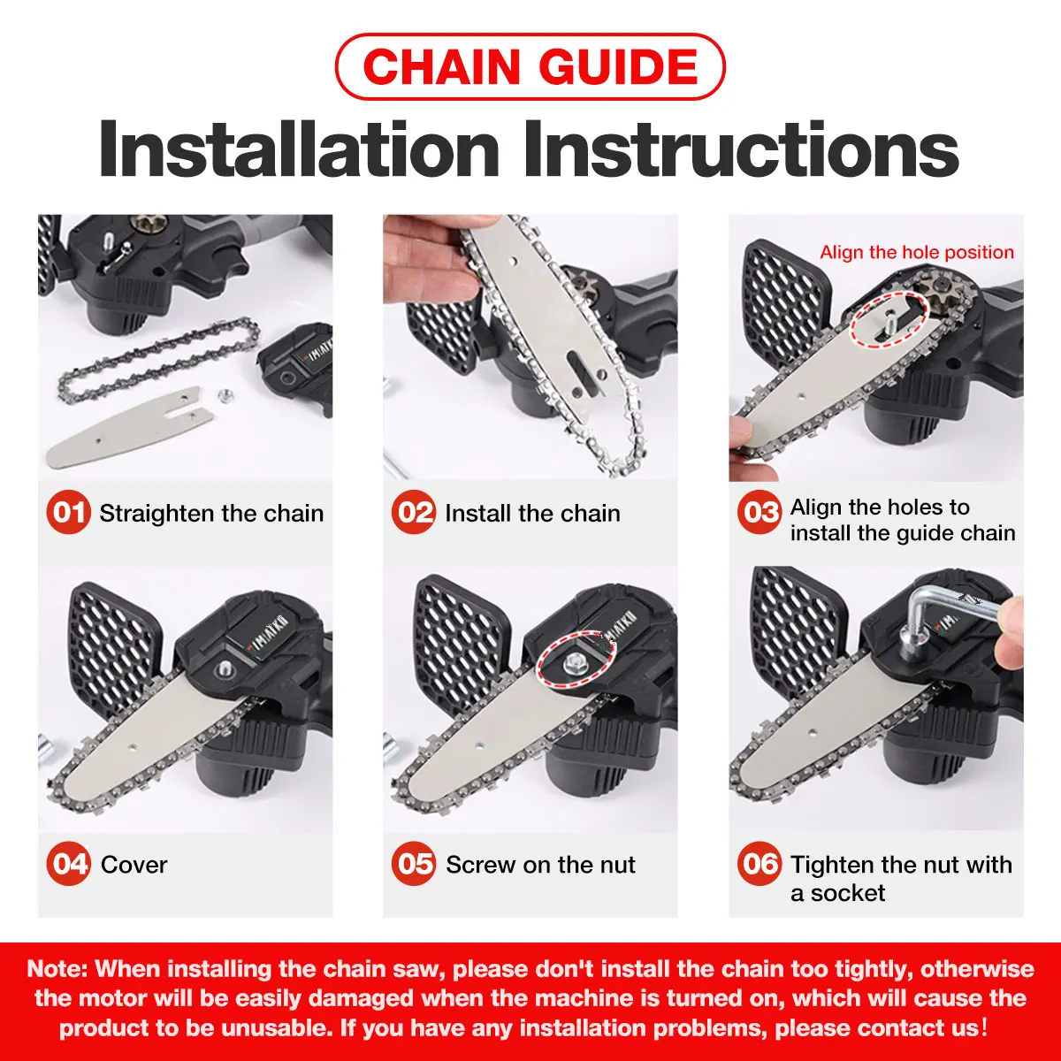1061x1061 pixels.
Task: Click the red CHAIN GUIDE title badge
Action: (530, 66)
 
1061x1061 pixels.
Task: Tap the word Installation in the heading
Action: (299, 149)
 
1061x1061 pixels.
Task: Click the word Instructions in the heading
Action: (741, 149)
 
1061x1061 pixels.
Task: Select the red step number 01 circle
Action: (68, 512)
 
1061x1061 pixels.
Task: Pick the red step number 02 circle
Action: (414, 512)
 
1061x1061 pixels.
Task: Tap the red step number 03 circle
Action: (759, 512)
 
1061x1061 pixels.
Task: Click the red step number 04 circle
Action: (68, 863)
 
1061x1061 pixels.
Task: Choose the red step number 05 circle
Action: (414, 863)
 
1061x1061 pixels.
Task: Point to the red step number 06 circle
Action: (759, 863)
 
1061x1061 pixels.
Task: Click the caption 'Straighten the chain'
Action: (211, 514)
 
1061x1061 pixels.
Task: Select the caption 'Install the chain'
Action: (532, 514)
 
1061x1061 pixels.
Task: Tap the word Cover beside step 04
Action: (134, 865)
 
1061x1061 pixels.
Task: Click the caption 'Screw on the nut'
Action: (540, 865)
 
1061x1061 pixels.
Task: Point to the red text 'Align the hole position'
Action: (917, 252)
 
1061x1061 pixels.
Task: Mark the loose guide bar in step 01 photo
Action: (128, 426)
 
